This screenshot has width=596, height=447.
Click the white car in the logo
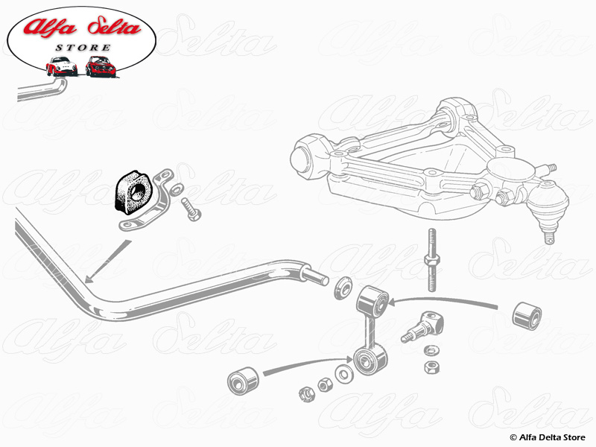[x=61, y=66]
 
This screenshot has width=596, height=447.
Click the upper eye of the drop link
[x=371, y=300]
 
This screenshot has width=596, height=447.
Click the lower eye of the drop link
[x=369, y=362]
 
